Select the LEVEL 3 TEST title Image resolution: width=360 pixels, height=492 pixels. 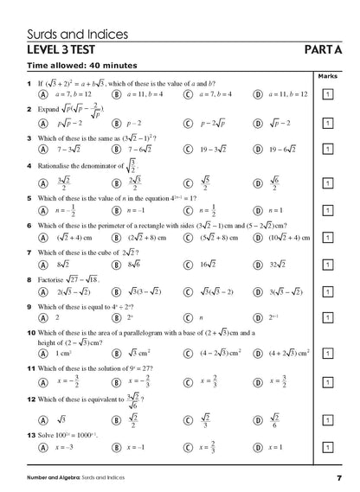(x=74, y=51)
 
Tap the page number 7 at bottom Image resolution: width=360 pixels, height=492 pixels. (x=340, y=478)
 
